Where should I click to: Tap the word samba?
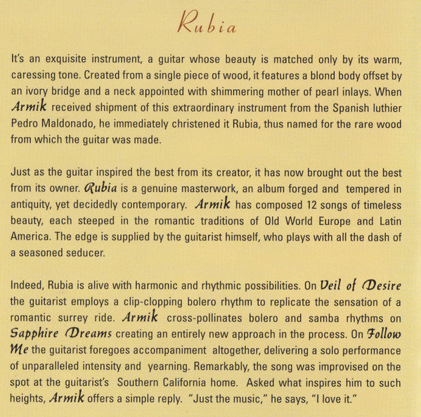coord(328,319)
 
